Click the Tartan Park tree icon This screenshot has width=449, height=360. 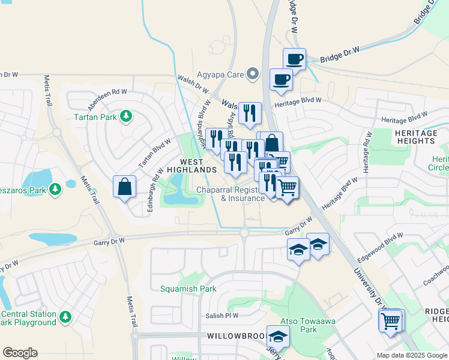pyautogui.click(x=126, y=115)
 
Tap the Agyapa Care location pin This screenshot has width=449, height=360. pyautogui.click(x=253, y=74)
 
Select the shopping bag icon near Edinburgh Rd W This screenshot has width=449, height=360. pyautogui.click(x=124, y=187)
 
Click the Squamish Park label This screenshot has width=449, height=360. pyautogui.click(x=188, y=289)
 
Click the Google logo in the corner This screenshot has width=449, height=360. pyautogui.click(x=20, y=352)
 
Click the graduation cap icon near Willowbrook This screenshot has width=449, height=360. pyautogui.click(x=277, y=338)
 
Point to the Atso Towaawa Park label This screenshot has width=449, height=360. pyautogui.click(x=308, y=325)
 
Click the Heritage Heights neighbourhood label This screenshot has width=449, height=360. pyautogui.click(x=415, y=136)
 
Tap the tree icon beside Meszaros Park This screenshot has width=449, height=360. pyautogui.click(x=55, y=190)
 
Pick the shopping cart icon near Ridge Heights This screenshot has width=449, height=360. pyautogui.click(x=391, y=321)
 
